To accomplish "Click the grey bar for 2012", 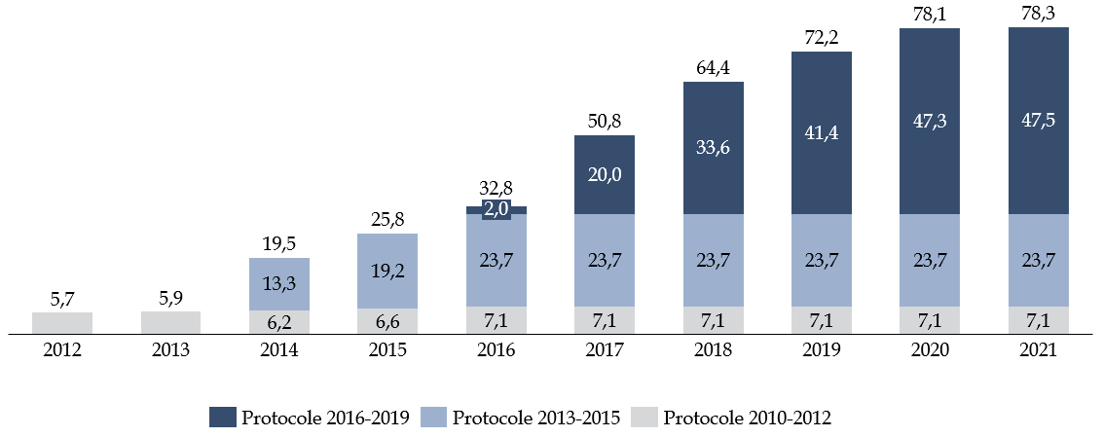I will [x=62, y=323].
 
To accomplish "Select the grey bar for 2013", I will [x=171, y=323].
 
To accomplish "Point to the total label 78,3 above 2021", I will [x=1038, y=12].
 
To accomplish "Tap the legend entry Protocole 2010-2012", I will [x=734, y=418].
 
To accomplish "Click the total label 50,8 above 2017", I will [x=605, y=121].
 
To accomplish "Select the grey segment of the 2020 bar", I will [x=930, y=321].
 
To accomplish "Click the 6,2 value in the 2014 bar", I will [x=279, y=322].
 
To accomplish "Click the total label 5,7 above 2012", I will [x=62, y=297].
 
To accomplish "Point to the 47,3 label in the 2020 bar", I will [x=930, y=121].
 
